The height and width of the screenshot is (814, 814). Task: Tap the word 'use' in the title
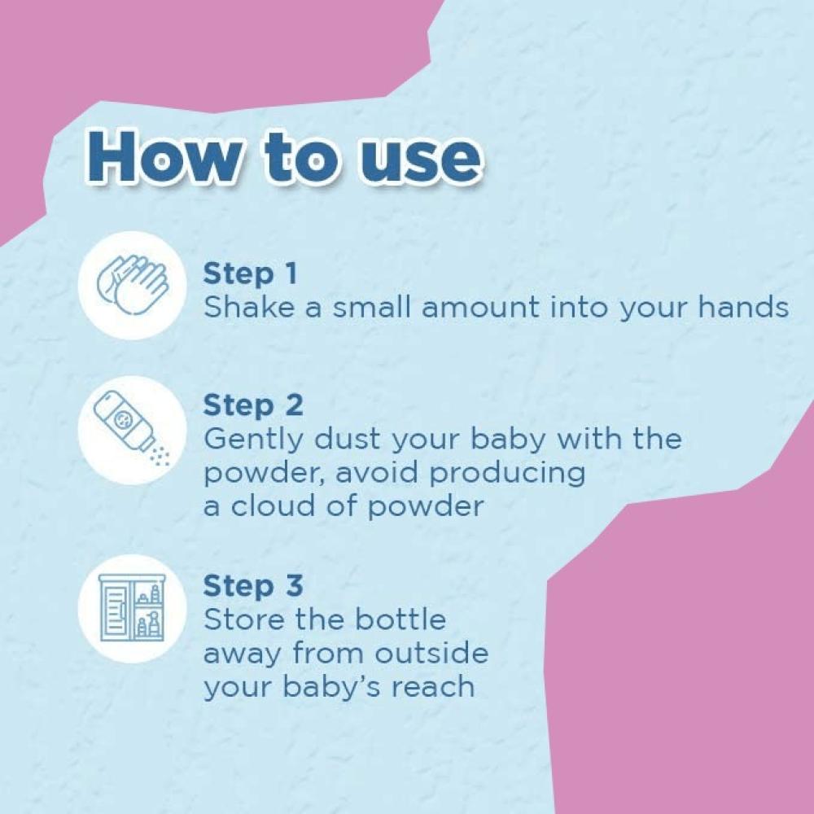point(419,161)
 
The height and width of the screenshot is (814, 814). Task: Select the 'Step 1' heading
point(250,274)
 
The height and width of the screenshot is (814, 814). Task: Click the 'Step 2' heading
point(253,405)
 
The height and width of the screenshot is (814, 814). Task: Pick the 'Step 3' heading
point(253,586)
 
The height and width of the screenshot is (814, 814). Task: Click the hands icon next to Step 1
point(133,285)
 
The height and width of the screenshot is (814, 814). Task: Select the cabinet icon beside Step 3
point(133,607)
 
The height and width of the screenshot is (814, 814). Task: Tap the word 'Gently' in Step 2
point(253,440)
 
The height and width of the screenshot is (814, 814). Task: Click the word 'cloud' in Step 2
point(273,505)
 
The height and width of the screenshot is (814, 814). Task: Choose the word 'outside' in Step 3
point(431,653)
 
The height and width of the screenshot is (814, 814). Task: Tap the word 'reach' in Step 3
point(433,686)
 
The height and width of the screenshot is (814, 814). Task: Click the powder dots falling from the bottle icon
point(160,455)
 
